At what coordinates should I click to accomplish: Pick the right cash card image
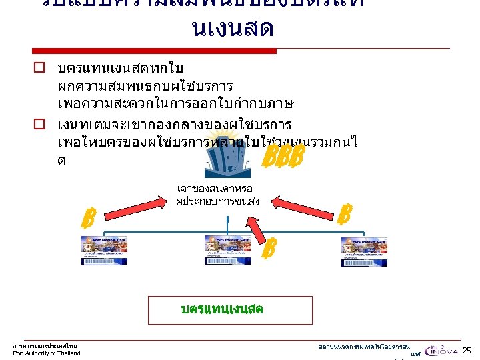363,251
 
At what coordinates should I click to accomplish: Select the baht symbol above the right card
344,214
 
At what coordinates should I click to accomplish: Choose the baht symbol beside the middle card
269,249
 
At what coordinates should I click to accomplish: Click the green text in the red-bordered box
221,309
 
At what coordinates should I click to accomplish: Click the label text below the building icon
216,194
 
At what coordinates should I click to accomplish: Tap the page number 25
467,350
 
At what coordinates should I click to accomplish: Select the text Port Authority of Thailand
47,353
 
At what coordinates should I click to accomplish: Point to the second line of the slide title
232,29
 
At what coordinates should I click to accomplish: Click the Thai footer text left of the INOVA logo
363,347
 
